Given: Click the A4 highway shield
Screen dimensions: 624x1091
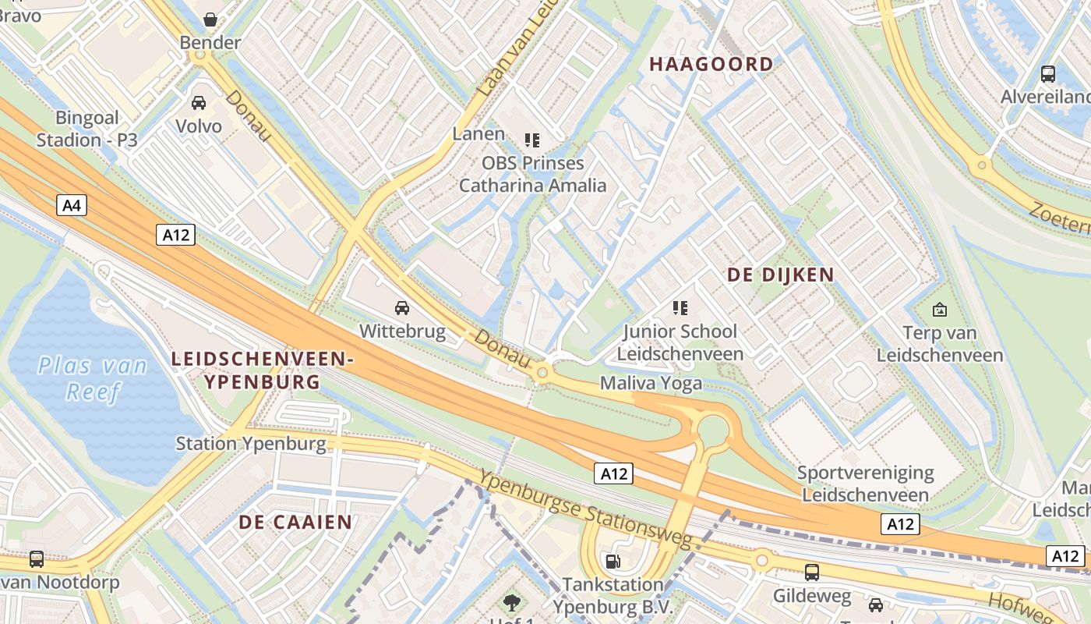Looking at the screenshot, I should pyautogui.click(x=71, y=206).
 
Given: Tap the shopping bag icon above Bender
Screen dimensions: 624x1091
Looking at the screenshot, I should pyautogui.click(x=210, y=19).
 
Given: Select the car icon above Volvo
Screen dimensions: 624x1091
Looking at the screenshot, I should pyautogui.click(x=199, y=103).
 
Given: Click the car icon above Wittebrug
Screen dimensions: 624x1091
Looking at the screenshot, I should pyautogui.click(x=402, y=308).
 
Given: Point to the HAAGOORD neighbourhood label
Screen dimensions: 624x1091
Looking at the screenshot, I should pyautogui.click(x=711, y=64).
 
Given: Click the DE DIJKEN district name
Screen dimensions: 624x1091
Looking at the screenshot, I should pyautogui.click(x=780, y=275).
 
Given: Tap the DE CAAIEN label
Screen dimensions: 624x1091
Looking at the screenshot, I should pyautogui.click(x=295, y=522).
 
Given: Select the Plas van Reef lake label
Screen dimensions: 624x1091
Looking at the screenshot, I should pyautogui.click(x=93, y=378).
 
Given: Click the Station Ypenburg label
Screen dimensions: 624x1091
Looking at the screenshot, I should pyautogui.click(x=251, y=444).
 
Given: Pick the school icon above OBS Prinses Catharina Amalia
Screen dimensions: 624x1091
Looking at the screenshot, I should pyautogui.click(x=532, y=140).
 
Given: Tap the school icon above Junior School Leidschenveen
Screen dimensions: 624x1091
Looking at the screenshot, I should pyautogui.click(x=680, y=308).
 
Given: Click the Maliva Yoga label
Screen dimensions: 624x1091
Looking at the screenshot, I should pyautogui.click(x=651, y=383).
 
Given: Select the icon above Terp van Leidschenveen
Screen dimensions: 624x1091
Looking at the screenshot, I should pyautogui.click(x=940, y=310).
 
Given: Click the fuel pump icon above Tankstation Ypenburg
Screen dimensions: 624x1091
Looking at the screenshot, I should pyautogui.click(x=613, y=561).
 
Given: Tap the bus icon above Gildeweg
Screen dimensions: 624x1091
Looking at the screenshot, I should pyautogui.click(x=812, y=573).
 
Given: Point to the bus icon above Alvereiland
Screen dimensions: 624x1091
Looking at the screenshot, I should pyautogui.click(x=1048, y=74).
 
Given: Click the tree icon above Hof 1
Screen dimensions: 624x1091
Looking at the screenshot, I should pyautogui.click(x=511, y=601).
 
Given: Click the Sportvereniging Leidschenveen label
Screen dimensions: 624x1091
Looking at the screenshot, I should pyautogui.click(x=865, y=484).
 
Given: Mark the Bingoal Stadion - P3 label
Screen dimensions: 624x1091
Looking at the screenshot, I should pyautogui.click(x=87, y=129).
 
